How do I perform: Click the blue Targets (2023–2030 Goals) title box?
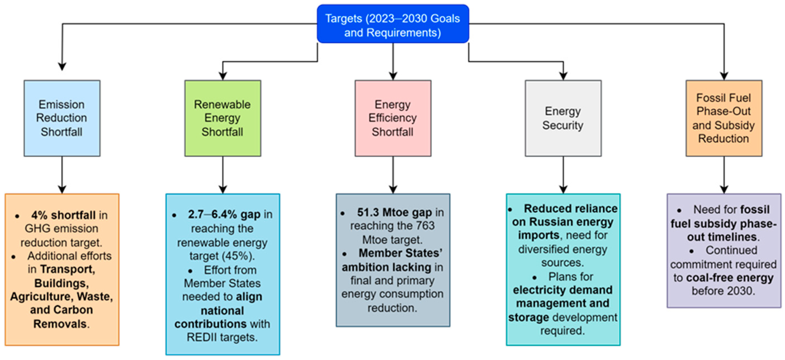pyautogui.click(x=393, y=24)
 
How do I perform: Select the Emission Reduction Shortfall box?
pyautogui.click(x=62, y=118)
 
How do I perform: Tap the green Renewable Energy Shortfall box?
pyautogui.click(x=222, y=118)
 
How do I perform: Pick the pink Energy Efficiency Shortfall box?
pyautogui.click(x=393, y=118)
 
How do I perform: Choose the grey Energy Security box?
pyautogui.click(x=563, y=118)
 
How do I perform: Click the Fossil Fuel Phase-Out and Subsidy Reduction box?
pyautogui.click(x=724, y=118)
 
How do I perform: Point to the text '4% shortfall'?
pyautogui.click(x=63, y=215)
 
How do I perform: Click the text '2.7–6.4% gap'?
pyautogui.click(x=224, y=214)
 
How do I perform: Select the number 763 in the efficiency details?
pyautogui.click(x=425, y=226)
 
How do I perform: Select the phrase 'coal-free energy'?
pyautogui.click(x=730, y=278)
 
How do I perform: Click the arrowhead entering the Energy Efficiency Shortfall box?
pyautogui.click(x=393, y=76)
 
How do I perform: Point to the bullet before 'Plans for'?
pyautogui.click(x=534, y=278)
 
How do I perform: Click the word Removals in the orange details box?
pyautogui.click(x=60, y=324)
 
